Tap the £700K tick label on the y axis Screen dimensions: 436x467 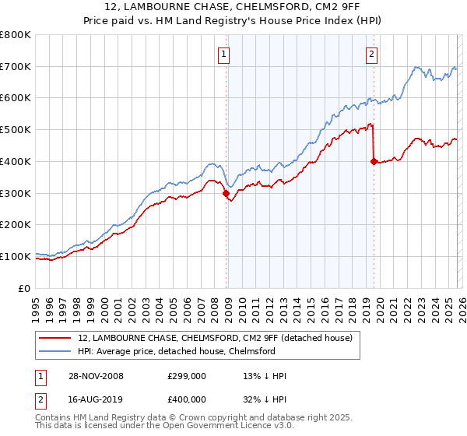point(16,67)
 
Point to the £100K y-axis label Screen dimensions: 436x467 point(16,256)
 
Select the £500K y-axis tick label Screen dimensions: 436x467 point(16,130)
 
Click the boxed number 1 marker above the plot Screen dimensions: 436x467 point(223,54)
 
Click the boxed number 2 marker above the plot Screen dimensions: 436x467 point(371,54)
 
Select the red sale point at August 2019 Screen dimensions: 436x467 point(374,162)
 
